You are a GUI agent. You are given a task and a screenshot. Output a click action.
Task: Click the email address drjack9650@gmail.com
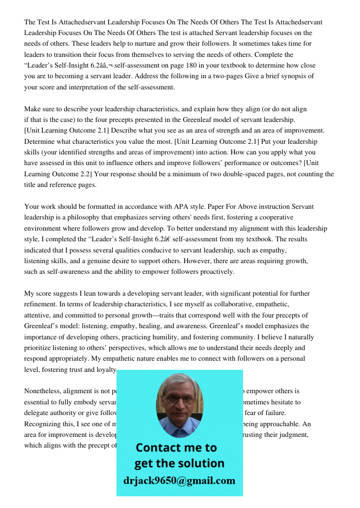[179, 481]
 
